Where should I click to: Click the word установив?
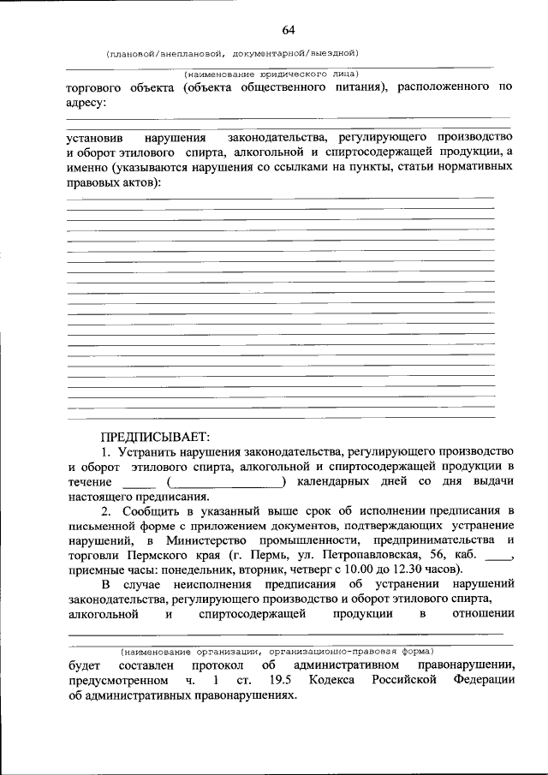pos(96,137)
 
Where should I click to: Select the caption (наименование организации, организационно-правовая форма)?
pos(278,649)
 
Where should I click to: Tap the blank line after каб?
pos(497,556)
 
